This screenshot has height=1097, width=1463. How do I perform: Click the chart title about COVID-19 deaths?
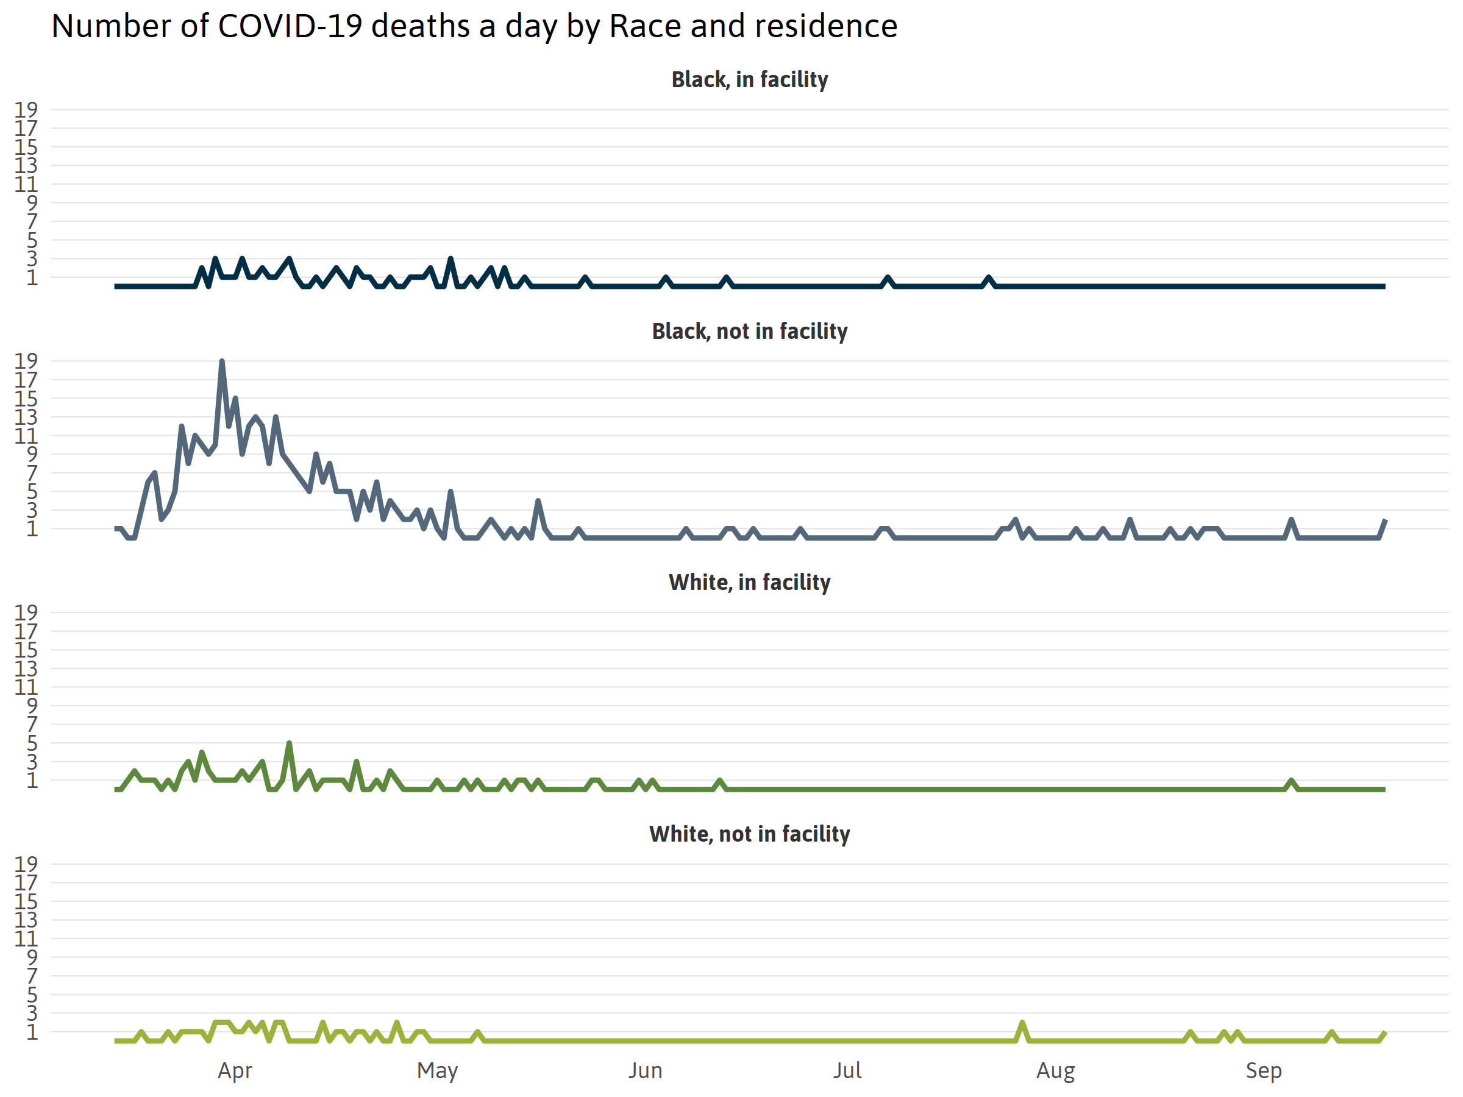coord(474,26)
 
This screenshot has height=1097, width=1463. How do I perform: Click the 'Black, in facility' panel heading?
coord(749,79)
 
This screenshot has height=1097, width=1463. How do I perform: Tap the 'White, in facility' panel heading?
coord(749,582)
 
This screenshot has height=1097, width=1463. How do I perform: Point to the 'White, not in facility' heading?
coord(749,834)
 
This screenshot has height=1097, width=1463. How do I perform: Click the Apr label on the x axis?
coord(235,1071)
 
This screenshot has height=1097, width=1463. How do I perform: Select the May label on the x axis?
coord(437,1071)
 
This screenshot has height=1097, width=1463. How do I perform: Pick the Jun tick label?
coord(645,1071)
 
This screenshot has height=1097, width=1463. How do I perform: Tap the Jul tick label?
coord(847,1071)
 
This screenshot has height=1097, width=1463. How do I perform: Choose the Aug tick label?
coord(1056,1071)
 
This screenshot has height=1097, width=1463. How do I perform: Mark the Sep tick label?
coord(1263,1071)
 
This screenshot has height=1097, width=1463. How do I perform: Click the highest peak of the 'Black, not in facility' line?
coord(221,361)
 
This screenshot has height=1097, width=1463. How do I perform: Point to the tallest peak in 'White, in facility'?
coord(289,744)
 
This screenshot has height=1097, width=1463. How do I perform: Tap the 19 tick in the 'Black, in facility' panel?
coord(26,109)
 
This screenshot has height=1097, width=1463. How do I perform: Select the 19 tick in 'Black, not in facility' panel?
coord(26,361)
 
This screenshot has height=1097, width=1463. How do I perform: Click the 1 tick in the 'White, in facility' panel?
coord(32,780)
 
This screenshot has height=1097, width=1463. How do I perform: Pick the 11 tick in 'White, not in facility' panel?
coord(26,939)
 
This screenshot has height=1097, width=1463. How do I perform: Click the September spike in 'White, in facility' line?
coord(1291,781)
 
